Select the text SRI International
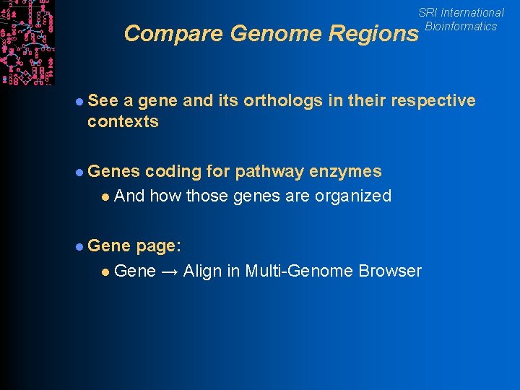461,12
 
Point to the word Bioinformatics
461,27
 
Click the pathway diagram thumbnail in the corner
27,42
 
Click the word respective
433,100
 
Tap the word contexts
123,121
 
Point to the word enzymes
345,171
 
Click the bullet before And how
105,196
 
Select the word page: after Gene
158,246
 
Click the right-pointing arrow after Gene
170,272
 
